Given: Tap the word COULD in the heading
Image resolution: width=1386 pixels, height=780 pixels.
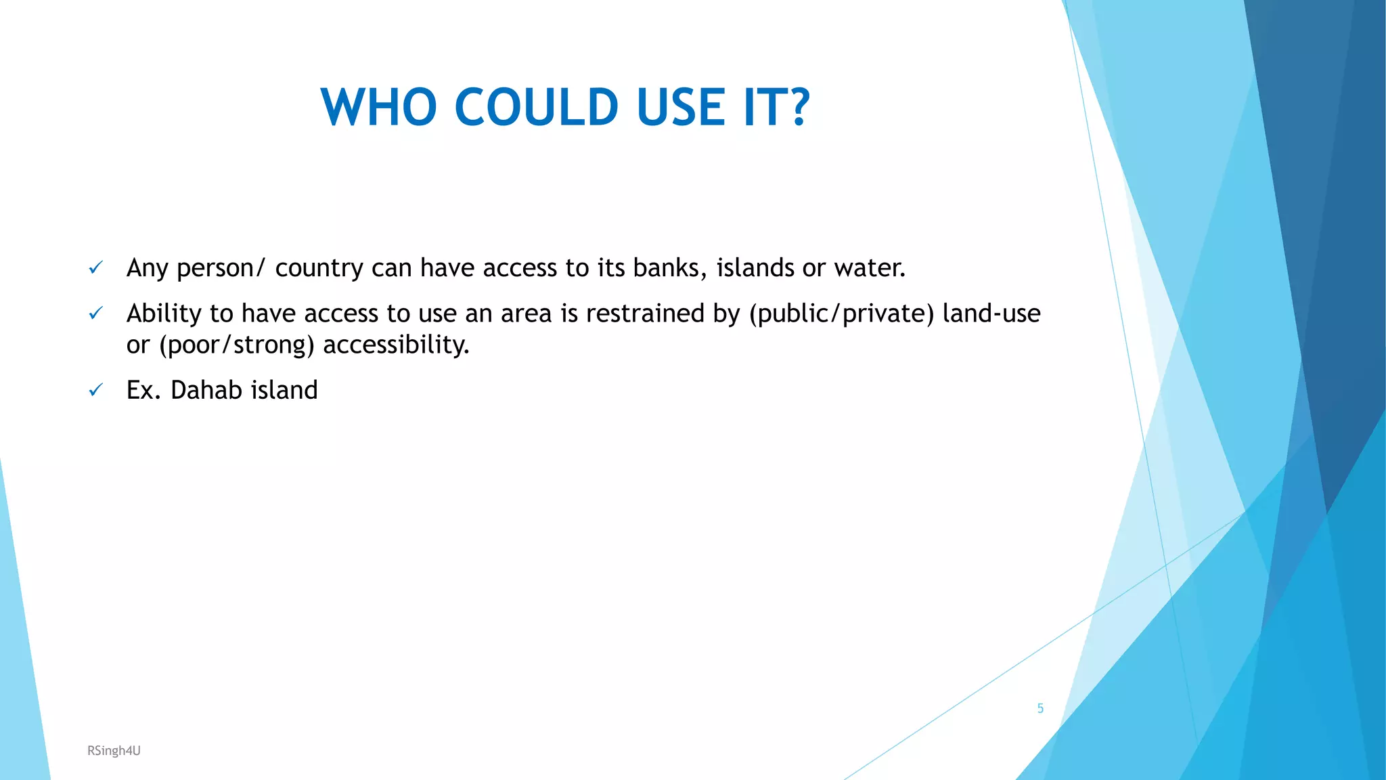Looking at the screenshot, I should [x=536, y=107].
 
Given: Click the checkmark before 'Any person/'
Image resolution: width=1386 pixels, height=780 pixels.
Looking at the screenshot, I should [x=96, y=268].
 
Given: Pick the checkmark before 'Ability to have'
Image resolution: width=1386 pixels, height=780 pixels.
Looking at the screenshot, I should [x=96, y=313].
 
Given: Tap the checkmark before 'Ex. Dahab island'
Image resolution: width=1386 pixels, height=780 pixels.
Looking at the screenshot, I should [x=96, y=390].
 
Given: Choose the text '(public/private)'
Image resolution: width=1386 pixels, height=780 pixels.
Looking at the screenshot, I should [x=841, y=313].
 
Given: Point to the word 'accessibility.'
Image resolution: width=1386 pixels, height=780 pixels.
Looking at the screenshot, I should [x=396, y=345].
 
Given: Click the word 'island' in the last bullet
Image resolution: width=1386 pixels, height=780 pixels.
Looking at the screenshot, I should [x=284, y=390].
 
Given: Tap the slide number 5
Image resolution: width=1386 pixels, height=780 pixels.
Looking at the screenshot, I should [x=1040, y=708].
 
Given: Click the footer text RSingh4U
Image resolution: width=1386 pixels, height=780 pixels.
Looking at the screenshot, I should [x=114, y=750].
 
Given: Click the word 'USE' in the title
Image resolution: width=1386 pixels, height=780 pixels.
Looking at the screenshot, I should [x=681, y=107].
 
